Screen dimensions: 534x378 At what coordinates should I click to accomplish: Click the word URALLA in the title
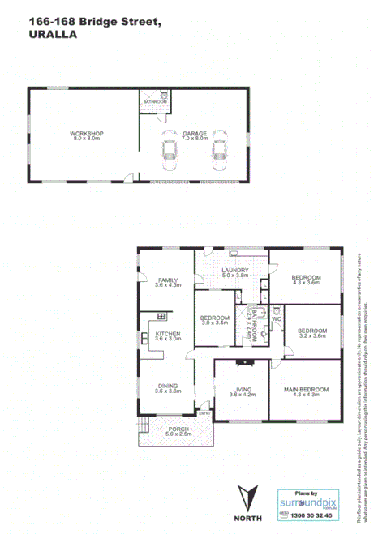(54, 35)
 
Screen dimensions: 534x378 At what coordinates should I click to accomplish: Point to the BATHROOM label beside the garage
(155, 101)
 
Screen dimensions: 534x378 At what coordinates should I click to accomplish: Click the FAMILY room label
(167, 280)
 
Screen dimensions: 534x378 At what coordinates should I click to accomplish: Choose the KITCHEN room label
(168, 335)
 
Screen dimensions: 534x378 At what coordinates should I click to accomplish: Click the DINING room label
(167, 387)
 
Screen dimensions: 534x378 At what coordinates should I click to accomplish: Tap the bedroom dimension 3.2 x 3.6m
(312, 335)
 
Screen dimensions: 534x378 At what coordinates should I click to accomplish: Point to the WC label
(276, 318)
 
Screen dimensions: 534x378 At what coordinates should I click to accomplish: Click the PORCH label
(178, 429)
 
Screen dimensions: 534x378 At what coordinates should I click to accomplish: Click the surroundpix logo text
(308, 502)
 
